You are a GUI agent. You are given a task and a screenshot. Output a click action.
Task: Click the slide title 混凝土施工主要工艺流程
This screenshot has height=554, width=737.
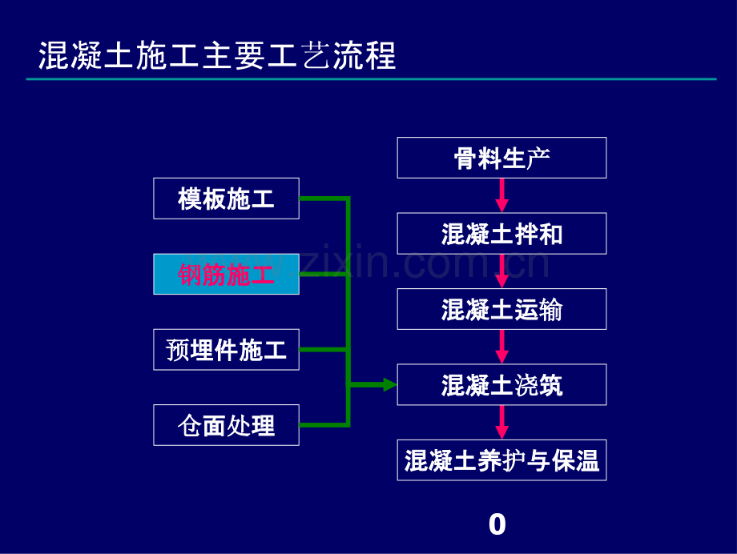(x=216, y=55)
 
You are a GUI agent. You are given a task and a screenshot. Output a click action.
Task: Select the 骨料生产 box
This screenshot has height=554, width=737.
(x=501, y=158)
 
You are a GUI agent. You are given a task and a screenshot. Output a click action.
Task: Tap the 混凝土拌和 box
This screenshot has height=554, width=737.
(x=501, y=234)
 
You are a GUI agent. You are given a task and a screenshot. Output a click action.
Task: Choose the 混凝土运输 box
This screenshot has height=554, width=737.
(x=501, y=309)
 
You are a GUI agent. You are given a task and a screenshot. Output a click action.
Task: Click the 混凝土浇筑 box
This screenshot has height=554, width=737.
(x=501, y=385)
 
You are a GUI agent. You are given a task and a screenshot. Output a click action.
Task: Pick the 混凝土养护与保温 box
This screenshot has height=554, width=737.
(x=501, y=460)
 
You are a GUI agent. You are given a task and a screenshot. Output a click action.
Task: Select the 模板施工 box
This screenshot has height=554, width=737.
(x=226, y=199)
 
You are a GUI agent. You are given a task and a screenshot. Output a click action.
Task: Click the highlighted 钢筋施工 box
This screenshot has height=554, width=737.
(x=226, y=274)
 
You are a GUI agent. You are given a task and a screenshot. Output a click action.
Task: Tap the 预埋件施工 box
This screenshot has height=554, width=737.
(x=226, y=350)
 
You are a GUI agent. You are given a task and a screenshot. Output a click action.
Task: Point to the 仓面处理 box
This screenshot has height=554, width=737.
(x=226, y=425)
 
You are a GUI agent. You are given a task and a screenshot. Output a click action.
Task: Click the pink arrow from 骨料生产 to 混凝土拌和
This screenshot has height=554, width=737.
(x=502, y=195)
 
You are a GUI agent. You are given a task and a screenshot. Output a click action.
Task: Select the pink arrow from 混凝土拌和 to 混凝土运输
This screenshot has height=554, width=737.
(x=502, y=271)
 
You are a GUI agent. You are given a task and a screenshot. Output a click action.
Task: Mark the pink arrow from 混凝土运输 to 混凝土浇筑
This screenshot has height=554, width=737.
(x=502, y=347)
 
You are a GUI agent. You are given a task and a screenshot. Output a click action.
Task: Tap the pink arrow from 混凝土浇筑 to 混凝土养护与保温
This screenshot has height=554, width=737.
(x=502, y=423)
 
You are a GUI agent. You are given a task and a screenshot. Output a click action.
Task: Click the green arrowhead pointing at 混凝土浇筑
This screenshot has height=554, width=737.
(x=390, y=385)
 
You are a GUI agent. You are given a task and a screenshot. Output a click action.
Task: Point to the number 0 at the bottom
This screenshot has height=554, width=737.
(x=497, y=524)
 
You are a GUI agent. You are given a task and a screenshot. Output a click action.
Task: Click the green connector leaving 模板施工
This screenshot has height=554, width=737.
(x=324, y=199)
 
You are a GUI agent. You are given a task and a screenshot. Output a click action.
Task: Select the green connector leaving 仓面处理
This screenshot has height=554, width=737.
(x=324, y=425)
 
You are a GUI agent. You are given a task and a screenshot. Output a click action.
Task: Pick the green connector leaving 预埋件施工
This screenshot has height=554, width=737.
(x=324, y=350)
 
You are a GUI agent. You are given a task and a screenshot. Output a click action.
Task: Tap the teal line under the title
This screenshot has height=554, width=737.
(x=372, y=79)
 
